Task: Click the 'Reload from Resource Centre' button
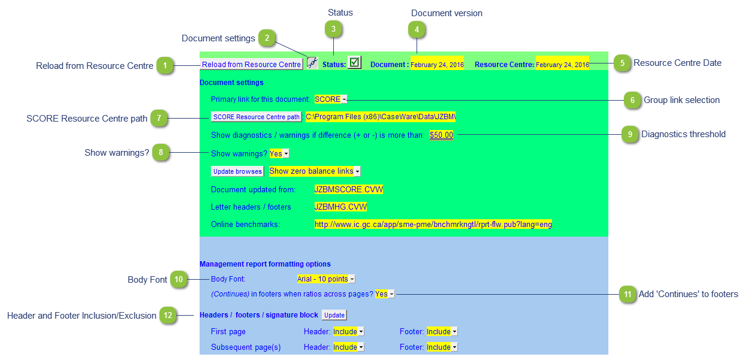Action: coord(251,65)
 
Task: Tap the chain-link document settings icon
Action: coord(312,62)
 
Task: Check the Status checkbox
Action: coord(354,62)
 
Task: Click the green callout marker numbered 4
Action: coord(417,30)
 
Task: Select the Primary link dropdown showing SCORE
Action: coord(331,99)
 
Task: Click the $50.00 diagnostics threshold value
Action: coord(441,135)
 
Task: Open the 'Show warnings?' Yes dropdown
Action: coord(279,153)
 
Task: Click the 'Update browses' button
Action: coord(237,171)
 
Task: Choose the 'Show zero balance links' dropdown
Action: coord(315,171)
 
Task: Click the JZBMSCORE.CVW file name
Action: coord(349,189)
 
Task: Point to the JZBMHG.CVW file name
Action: coord(340,207)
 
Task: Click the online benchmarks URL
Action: coord(433,224)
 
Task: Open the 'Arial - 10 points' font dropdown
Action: coord(326,279)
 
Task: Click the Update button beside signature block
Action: coord(334,315)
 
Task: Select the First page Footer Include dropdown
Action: coord(442,331)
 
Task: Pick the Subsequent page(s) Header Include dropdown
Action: coord(348,347)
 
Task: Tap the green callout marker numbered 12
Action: coord(168,315)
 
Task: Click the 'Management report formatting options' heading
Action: coord(265,264)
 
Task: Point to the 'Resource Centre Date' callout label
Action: coord(677,63)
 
